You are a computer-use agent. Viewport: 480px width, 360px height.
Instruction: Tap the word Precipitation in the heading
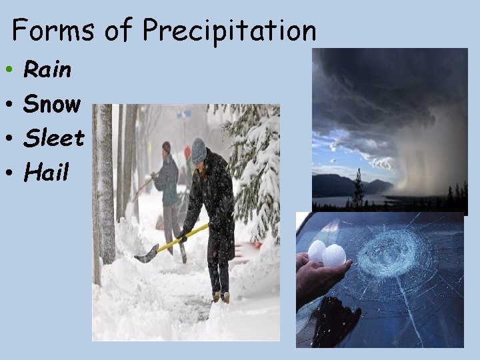click(x=229, y=31)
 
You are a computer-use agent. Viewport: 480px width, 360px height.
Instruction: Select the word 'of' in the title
click(x=117, y=31)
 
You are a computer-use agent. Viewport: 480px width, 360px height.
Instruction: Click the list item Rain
click(x=47, y=69)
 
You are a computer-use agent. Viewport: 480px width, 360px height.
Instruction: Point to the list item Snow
click(x=52, y=103)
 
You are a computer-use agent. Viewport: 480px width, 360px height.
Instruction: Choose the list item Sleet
click(x=54, y=138)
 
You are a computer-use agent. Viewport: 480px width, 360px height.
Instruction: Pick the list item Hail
click(x=47, y=173)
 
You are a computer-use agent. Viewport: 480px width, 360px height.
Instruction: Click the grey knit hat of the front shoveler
click(x=198, y=150)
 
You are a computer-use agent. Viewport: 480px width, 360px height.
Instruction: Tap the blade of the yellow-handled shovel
click(x=147, y=254)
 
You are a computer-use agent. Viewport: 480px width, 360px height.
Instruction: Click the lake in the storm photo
click(x=340, y=201)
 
